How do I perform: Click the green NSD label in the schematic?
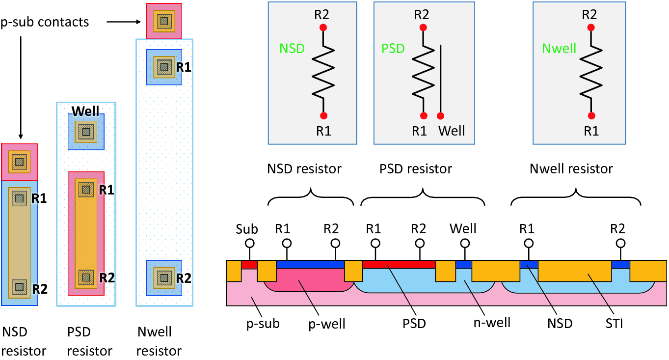tap(292, 48)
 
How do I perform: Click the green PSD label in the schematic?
tap(393, 48)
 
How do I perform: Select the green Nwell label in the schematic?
tap(559, 48)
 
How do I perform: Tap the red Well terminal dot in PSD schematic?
tap(441, 116)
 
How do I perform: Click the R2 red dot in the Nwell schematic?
tap(591, 28)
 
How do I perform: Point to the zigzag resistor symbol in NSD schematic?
tap(323, 71)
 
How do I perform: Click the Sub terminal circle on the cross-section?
tap(250, 243)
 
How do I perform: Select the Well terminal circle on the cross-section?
tap(463, 243)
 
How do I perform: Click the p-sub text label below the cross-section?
tap(263, 324)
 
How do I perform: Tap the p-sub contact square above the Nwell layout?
tap(164, 21)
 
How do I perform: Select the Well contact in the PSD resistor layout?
tap(86, 132)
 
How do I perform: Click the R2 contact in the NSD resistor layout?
tap(19, 286)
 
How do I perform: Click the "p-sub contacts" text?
tap(45, 22)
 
